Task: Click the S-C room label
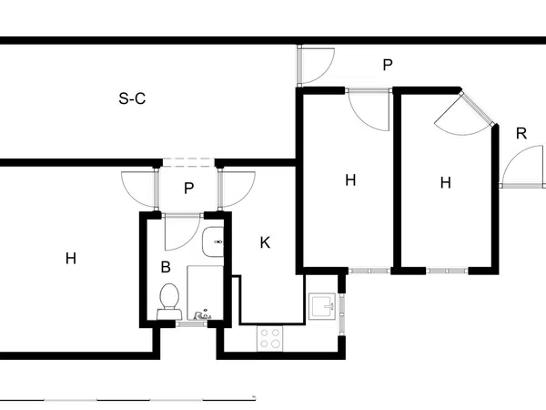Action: pos(132,98)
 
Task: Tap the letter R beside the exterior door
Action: pos(521,134)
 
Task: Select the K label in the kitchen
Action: pos(265,242)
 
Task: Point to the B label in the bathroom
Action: pos(166,267)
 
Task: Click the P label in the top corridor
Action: pos(388,65)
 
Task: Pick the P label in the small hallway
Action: pos(188,189)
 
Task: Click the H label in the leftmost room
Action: pos(71,259)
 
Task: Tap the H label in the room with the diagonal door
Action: pos(445,183)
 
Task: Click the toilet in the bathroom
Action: pos(169,301)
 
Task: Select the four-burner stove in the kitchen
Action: pos(270,339)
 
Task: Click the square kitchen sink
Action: pos(322,306)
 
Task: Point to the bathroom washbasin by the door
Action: pos(213,241)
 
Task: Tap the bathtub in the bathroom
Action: pos(205,292)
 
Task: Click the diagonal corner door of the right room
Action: pos(477,108)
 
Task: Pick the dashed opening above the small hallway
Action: pos(188,163)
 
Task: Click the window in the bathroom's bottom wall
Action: pos(191,324)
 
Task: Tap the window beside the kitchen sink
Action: pos(342,314)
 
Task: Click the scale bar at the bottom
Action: pos(127,398)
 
